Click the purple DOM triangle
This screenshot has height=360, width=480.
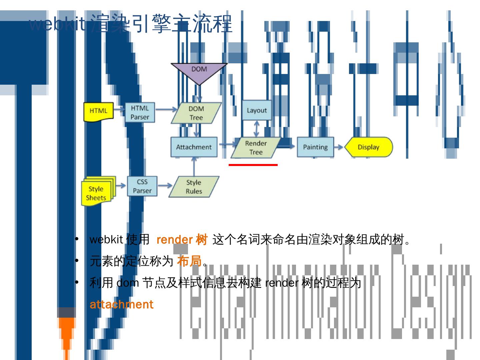pyautogui.click(x=199, y=72)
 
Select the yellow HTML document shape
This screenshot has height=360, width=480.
pyautogui.click(x=98, y=111)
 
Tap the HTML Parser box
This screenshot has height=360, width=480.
pyautogui.click(x=140, y=112)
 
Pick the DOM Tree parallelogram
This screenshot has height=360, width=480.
pyautogui.click(x=196, y=113)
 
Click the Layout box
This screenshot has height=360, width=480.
pyautogui.click(x=257, y=110)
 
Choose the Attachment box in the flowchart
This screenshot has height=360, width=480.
pyautogui.click(x=194, y=147)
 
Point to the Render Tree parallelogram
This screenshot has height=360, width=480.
pyautogui.click(x=256, y=148)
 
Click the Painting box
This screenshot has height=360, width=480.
pyautogui.click(x=315, y=147)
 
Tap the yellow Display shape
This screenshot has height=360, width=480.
pyautogui.click(x=368, y=147)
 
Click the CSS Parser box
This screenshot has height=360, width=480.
pyautogui.click(x=142, y=186)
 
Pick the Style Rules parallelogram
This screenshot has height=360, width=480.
pyautogui.click(x=194, y=187)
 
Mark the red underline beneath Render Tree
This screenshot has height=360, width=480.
pyautogui.click(x=253, y=165)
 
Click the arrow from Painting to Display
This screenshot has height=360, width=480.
pyautogui.click(x=339, y=147)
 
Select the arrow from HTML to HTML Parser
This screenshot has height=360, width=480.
pyautogui.click(x=119, y=109)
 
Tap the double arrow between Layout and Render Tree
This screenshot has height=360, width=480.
pyautogui.click(x=257, y=129)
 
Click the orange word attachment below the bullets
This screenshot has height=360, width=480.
pyautogui.click(x=122, y=304)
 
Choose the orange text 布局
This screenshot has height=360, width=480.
pyautogui.click(x=189, y=261)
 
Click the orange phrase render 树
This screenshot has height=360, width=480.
pyautogui.click(x=182, y=239)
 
